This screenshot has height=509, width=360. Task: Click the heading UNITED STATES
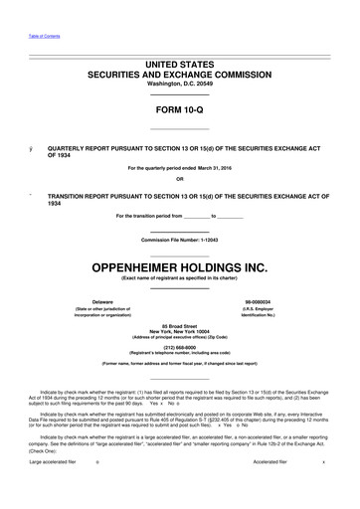click(x=180, y=63)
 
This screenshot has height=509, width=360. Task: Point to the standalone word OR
click(x=180, y=179)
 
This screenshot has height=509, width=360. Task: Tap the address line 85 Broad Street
click(x=180, y=326)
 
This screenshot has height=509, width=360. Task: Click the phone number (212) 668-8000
click(x=180, y=349)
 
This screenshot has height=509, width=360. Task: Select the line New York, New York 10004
click(x=180, y=332)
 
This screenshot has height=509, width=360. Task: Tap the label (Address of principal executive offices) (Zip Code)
click(x=180, y=338)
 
